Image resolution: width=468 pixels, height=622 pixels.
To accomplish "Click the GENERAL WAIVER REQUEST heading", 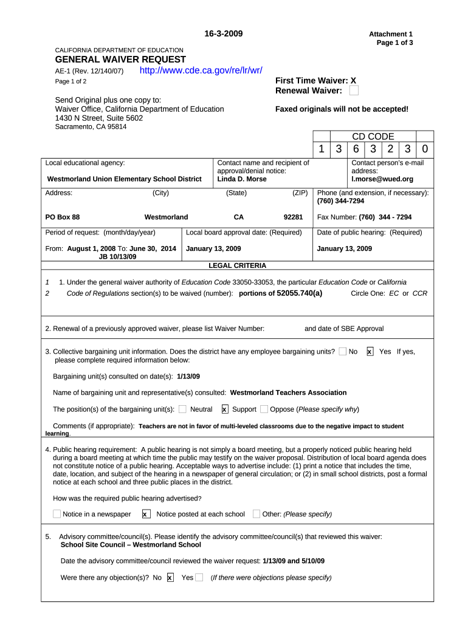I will [120, 60].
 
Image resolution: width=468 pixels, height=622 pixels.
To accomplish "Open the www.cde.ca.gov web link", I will [201, 70].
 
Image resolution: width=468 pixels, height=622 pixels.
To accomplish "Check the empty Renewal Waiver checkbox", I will [354, 91].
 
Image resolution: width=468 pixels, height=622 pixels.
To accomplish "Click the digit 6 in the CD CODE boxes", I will [356, 149].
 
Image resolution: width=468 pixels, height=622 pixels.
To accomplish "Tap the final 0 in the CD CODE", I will [425, 149].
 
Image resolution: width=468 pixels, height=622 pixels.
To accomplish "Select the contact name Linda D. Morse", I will [242, 179].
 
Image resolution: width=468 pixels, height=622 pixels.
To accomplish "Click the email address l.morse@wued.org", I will [382, 179].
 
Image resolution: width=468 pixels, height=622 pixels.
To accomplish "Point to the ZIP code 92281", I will [293, 217].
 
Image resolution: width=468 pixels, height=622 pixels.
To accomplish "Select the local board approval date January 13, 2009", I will [213, 248].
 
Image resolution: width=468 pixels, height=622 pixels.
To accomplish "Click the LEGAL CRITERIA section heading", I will [237, 265].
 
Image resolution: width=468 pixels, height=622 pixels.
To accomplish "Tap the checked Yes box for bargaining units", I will [370, 352].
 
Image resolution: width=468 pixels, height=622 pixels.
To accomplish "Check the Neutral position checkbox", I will [183, 409].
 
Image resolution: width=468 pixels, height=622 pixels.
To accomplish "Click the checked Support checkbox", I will [225, 409].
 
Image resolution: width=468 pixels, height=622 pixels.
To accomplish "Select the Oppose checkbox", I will [264, 409].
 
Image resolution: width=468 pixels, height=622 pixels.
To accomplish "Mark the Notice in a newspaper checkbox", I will [57, 514].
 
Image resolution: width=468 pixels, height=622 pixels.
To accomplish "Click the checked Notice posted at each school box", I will [146, 514].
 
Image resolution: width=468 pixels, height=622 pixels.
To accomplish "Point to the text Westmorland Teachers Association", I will [288, 392].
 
